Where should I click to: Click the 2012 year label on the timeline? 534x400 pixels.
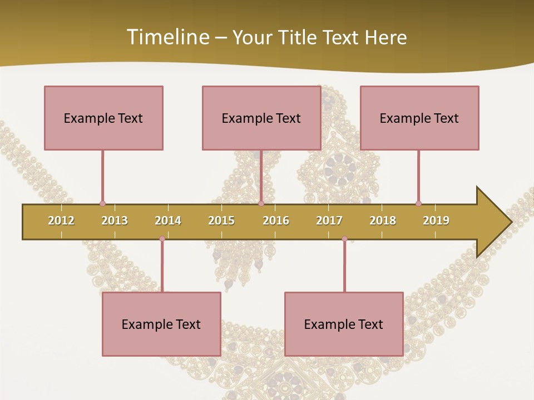coord(61,221)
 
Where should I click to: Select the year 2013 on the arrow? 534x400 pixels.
coord(115,221)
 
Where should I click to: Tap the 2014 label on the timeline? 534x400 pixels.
coord(168,221)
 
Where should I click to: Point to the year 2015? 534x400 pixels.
coord(221,221)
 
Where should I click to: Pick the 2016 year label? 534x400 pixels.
coord(276,221)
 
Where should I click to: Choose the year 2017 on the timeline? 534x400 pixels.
coord(329,221)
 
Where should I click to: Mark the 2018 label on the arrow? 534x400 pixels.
coord(383,221)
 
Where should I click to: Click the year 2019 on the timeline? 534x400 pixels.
coord(436,221)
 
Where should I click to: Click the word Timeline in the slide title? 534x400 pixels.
coord(166,37)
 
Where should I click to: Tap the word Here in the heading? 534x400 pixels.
coord(385,37)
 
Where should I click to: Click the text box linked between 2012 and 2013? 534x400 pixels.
coord(103,118)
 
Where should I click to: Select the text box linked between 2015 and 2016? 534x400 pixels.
coord(261,118)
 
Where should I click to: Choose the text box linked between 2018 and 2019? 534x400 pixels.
coord(419,118)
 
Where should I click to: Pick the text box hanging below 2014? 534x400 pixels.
coord(161,324)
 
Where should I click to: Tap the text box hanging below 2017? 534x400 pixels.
coord(344,324)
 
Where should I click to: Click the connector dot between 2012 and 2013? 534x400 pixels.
coord(102,204)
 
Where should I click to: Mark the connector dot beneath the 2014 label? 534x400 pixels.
coord(162,239)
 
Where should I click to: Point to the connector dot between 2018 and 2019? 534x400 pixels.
coord(418,204)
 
